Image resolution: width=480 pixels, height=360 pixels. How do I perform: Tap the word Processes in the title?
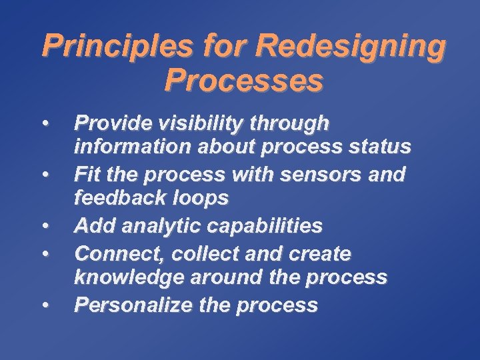pyautogui.click(x=244, y=81)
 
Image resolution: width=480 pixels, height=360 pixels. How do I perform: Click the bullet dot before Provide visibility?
pyautogui.click(x=45, y=123)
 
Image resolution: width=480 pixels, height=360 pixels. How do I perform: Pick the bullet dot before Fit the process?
pyautogui.click(x=45, y=175)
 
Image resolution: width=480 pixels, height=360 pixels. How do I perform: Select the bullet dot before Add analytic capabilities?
pyautogui.click(x=45, y=227)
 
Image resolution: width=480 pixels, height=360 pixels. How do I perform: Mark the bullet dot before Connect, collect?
pyautogui.click(x=45, y=255)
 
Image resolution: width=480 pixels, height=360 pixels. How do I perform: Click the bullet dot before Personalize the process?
pyautogui.click(x=45, y=306)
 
